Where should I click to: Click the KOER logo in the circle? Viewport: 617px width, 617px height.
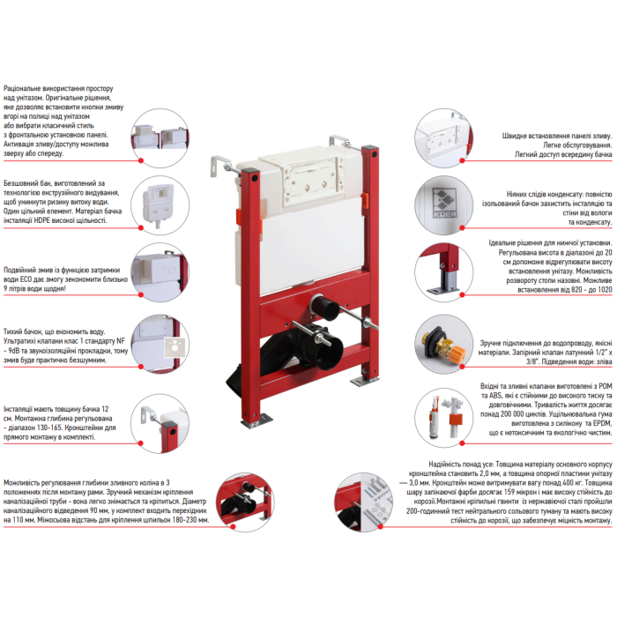tap(444, 202)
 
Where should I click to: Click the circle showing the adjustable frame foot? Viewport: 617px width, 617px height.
tap(444, 272)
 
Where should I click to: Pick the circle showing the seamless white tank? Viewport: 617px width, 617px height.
tap(160, 205)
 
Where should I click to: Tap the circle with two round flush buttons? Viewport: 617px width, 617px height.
tap(160, 272)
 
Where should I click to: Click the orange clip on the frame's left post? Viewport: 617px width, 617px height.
tap(239, 216)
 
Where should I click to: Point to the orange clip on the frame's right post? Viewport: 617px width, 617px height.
tap(366, 199)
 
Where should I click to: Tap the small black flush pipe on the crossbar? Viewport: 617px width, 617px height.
tap(325, 307)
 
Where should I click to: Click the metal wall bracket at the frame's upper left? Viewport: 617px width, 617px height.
tap(221, 167)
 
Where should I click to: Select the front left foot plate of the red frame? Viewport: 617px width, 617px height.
tap(258, 420)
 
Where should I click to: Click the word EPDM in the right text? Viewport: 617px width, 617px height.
tap(603, 423)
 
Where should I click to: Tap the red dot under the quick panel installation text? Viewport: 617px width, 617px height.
tap(463, 160)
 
